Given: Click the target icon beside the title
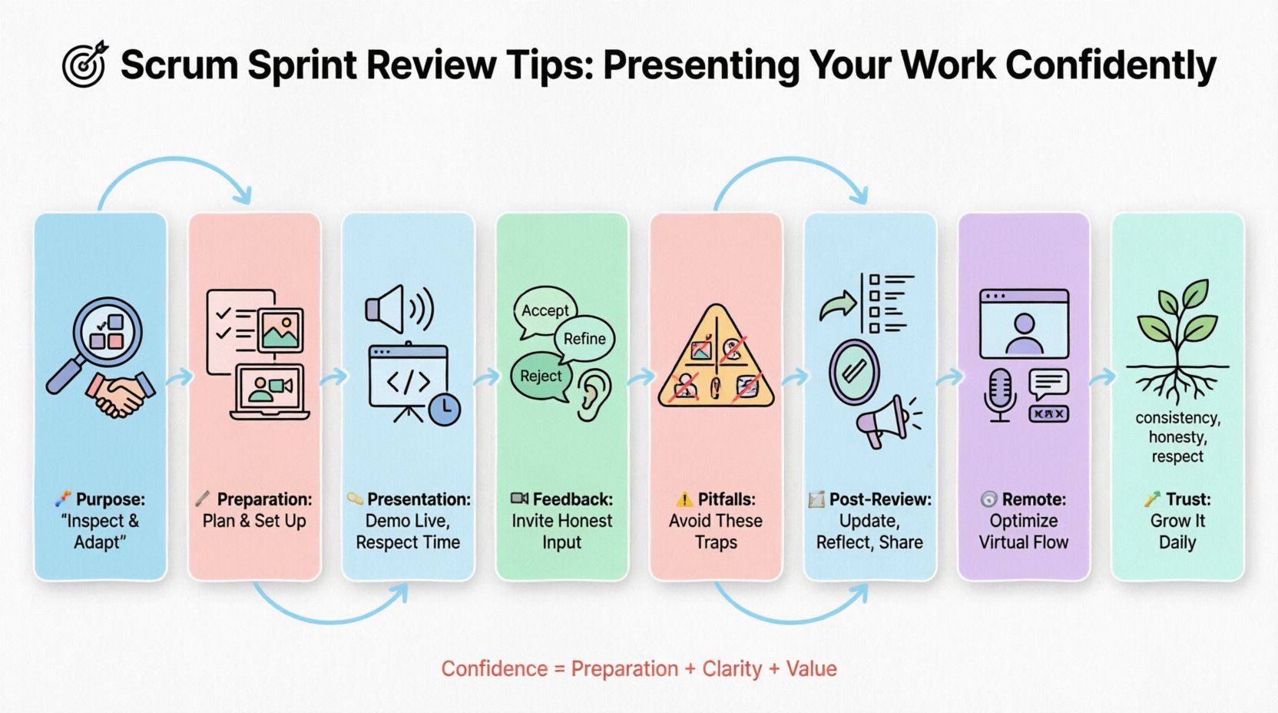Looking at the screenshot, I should coord(84,65).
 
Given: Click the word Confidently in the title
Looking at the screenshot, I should coord(1111,66).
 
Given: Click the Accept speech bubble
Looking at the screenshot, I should coord(545,311).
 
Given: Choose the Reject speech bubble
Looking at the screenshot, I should coord(541,376).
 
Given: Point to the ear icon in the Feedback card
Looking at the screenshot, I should coord(592,394).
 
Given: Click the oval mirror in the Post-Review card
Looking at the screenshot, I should coord(854,372).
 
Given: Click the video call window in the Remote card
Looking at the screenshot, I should coord(1024,323).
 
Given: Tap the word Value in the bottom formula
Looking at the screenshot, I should coord(811,669).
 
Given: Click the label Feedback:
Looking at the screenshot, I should coord(572,499).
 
